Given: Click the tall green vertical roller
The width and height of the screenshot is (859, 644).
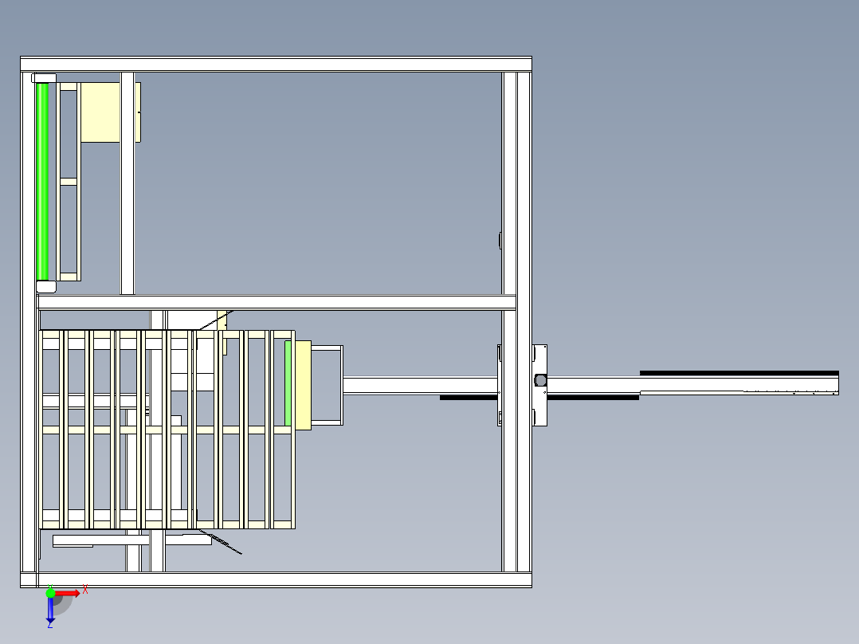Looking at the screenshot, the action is [x=42, y=182].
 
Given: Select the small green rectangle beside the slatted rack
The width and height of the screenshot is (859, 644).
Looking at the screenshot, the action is [x=288, y=383].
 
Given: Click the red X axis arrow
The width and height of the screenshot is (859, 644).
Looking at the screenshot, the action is [x=68, y=593].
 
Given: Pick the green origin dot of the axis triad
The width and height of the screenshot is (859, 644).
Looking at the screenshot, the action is [x=50, y=592].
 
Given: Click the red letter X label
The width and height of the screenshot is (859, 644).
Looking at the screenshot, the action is [x=85, y=589].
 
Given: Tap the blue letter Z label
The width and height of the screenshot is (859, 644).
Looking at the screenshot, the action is [x=50, y=625].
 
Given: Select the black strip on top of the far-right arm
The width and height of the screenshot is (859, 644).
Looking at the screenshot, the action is [x=739, y=373].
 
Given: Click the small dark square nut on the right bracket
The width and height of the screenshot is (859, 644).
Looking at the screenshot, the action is [x=541, y=380].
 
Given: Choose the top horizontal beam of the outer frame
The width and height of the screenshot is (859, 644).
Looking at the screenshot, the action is [x=276, y=64].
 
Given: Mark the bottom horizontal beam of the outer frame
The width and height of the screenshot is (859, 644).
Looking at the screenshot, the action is [x=276, y=580].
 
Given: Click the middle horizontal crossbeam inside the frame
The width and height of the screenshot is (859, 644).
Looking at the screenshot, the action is [x=277, y=302].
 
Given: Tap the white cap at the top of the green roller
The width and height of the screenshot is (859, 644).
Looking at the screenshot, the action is [x=44, y=78].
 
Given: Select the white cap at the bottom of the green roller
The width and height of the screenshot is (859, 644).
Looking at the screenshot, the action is [x=46, y=287].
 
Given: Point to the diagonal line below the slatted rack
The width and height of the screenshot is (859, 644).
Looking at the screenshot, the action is [x=220, y=541].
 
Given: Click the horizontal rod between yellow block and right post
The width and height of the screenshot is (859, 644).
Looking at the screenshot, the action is [x=420, y=385].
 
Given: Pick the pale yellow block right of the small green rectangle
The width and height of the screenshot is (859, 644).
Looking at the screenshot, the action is [x=304, y=385].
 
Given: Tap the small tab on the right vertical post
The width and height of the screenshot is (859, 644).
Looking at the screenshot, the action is [x=500, y=240].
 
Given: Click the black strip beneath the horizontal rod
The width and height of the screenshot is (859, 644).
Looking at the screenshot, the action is [x=539, y=398].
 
